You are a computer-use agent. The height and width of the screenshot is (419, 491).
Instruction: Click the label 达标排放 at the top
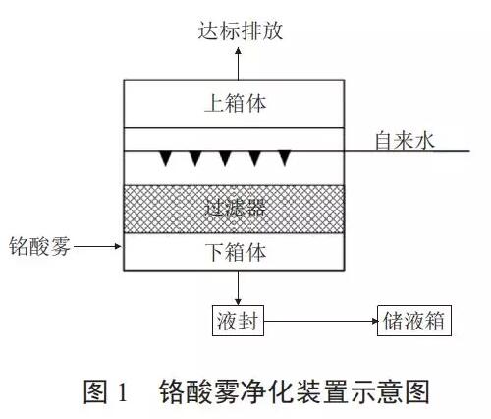pos(241,31)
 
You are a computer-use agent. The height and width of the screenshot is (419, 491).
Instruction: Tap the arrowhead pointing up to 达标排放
pos(238,51)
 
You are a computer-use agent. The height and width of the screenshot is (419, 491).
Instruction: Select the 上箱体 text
pos(236,103)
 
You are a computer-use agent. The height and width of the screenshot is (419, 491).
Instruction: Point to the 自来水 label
pos(405,141)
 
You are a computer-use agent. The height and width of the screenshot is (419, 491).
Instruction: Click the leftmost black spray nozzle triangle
pos(165,158)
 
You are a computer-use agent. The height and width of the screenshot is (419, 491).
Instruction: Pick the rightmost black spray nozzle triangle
pos(285,157)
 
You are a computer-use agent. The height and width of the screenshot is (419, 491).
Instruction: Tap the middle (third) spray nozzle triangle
pos(225,158)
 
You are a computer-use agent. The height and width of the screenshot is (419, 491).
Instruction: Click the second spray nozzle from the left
pos(195,158)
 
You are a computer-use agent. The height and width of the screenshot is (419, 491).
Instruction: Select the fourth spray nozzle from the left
pos(255,158)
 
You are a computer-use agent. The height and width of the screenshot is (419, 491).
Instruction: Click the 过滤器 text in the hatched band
pos(236,209)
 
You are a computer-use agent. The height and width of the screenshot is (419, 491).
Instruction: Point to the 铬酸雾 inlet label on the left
pos(39,246)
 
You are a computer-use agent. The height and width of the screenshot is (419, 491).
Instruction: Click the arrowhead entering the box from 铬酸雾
pos(118,246)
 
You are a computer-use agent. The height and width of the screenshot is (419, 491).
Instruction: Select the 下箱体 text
pos(236,253)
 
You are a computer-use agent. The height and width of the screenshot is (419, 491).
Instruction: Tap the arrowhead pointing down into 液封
pos(238,301)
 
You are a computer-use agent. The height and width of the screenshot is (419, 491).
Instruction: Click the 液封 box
pos(238,321)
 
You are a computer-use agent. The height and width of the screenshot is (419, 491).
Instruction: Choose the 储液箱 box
pos(414,321)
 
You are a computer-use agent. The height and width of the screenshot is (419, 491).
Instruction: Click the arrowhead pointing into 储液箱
pos(374,321)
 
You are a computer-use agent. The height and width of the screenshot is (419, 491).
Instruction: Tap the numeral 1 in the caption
pos(123,391)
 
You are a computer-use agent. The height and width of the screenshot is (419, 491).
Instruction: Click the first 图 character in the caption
pos(95,391)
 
